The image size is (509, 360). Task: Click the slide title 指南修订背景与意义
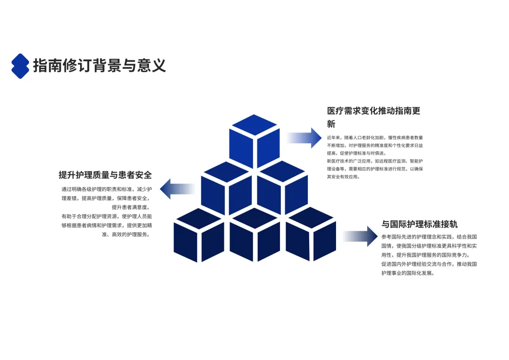[99, 65]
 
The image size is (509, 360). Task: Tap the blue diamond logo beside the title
[20, 66]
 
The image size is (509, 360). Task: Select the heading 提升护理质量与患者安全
[105, 175]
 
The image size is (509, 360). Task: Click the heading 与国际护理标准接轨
[419, 224]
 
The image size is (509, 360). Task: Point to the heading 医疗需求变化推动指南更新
[374, 117]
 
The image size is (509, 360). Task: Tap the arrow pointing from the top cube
[304, 138]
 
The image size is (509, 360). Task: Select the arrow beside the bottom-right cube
[361, 236]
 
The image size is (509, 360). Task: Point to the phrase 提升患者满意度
[130, 207]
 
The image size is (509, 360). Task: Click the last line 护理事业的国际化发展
[408, 273]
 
